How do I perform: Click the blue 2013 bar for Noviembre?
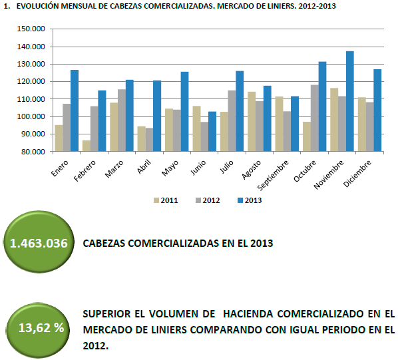[x=350, y=101]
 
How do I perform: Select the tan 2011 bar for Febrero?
[x=87, y=146]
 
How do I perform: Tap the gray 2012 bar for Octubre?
[x=315, y=118]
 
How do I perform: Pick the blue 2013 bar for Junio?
[x=212, y=131]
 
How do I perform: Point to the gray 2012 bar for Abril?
[x=149, y=140]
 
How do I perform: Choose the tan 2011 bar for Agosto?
[x=252, y=122]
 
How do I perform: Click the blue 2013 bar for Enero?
[x=75, y=110]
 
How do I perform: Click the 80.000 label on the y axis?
[x=32, y=152]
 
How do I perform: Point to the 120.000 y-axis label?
[x=31, y=81]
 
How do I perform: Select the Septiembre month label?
[x=273, y=175]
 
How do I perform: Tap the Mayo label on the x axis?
[x=170, y=168]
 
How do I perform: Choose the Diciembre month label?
[x=357, y=174]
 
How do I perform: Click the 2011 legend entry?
[x=166, y=200]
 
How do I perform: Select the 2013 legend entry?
[x=250, y=200]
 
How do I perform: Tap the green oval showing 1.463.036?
[x=39, y=242]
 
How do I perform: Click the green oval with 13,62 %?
[x=37, y=330]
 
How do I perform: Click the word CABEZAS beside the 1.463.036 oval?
[x=104, y=244]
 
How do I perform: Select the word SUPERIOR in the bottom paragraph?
[x=106, y=314]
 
